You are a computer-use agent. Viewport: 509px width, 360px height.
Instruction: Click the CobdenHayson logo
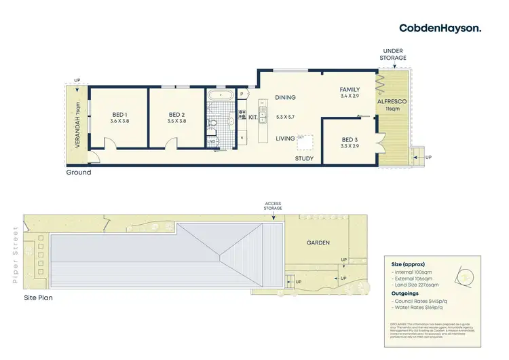click(x=440, y=28)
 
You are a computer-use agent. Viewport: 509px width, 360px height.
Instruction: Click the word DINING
click(x=285, y=97)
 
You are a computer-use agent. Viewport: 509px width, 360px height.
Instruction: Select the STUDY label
click(x=304, y=159)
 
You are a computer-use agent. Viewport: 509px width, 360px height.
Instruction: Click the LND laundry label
click(x=211, y=141)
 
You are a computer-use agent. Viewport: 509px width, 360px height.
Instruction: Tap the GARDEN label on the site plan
click(x=318, y=242)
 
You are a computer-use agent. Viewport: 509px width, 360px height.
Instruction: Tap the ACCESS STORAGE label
click(x=274, y=206)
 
